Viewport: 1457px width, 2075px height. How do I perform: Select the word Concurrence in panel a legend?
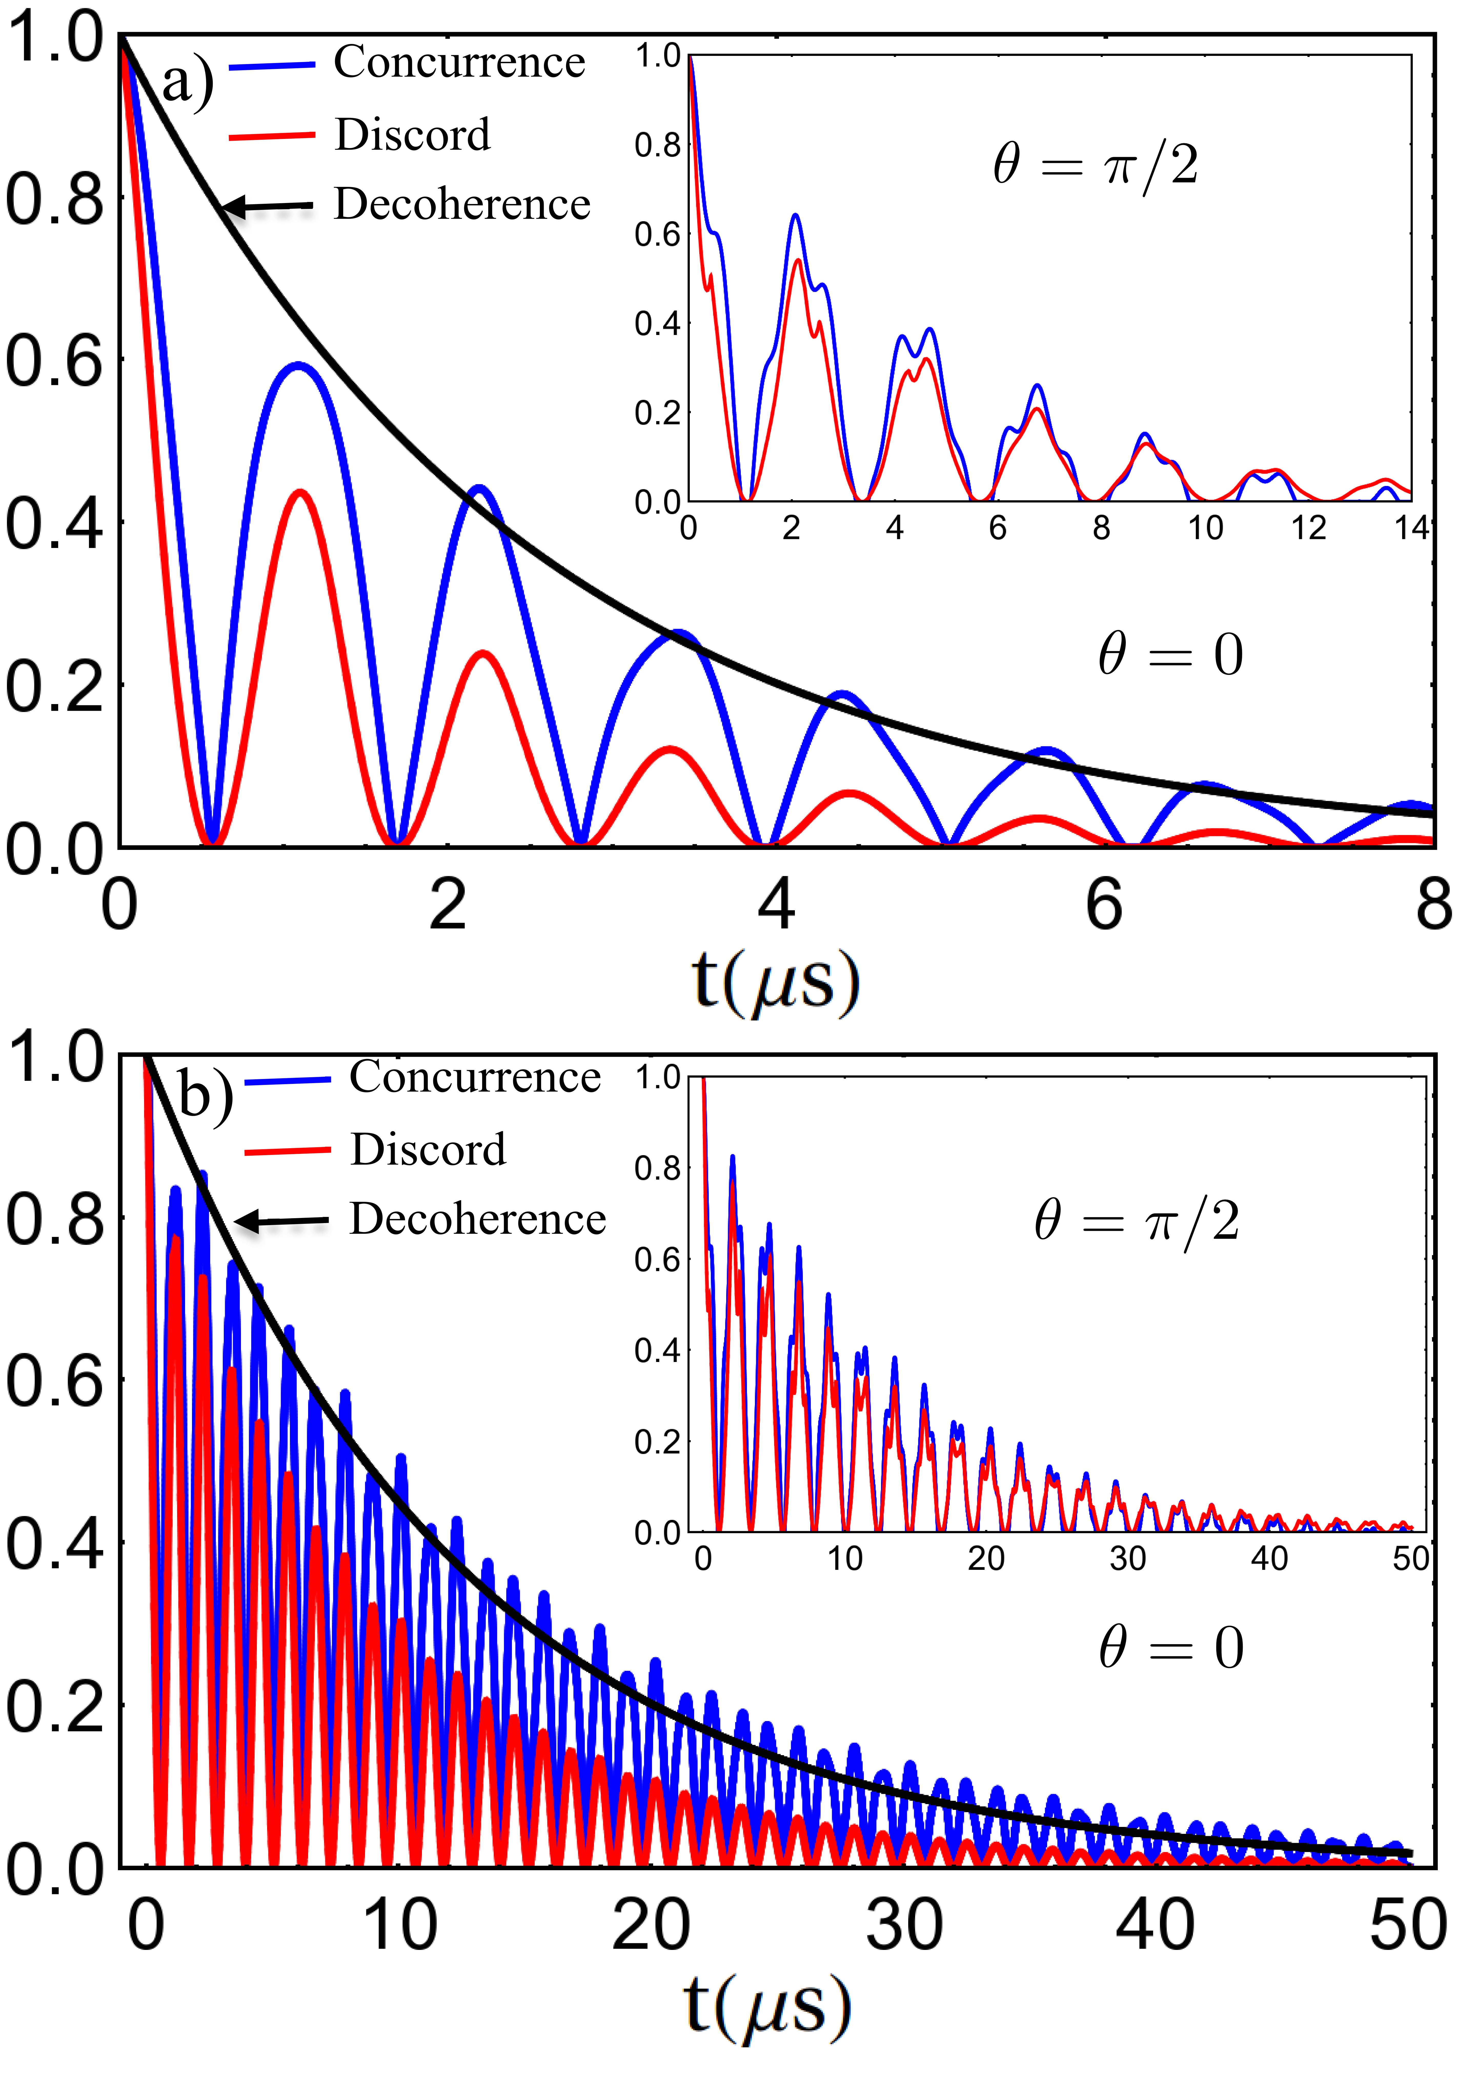click(x=459, y=63)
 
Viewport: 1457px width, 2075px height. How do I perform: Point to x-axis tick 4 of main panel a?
click(x=775, y=904)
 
